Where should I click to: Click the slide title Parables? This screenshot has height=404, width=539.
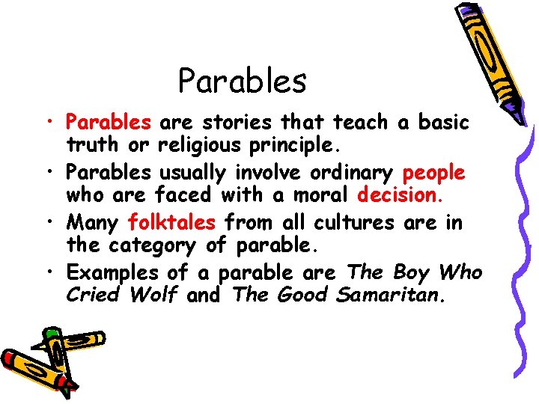pos(243,81)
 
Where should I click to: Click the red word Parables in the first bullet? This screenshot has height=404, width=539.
pos(109,122)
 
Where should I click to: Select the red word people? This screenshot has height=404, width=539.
pos(433,173)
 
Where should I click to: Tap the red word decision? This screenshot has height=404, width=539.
pos(401,195)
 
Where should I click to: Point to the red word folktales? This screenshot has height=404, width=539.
pos(172,223)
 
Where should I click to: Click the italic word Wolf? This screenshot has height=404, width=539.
pos(153,294)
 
